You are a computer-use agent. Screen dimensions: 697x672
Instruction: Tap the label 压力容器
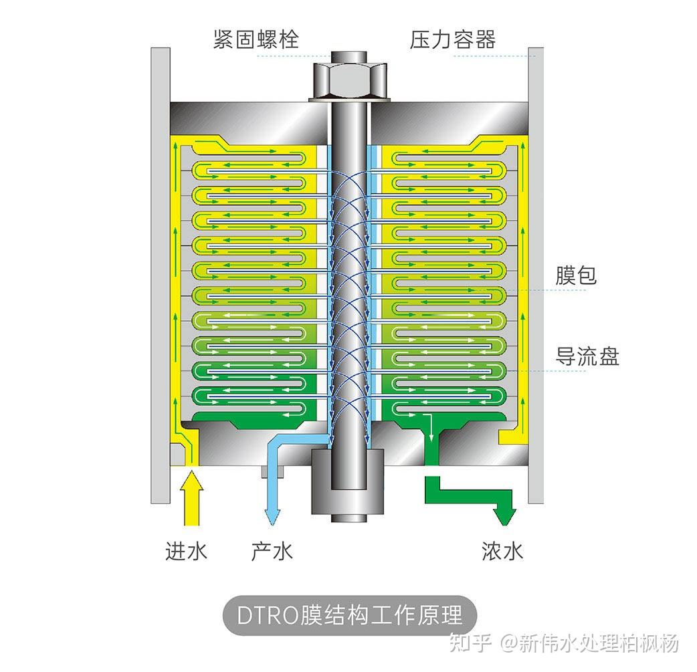coord(453,39)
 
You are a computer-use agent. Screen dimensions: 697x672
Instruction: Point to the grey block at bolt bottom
coord(348,480)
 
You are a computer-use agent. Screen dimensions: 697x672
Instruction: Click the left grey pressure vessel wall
coord(160,267)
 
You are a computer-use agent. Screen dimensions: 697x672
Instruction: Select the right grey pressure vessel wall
coord(535,267)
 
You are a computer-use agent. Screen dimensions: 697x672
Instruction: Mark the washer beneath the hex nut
coord(348,100)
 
